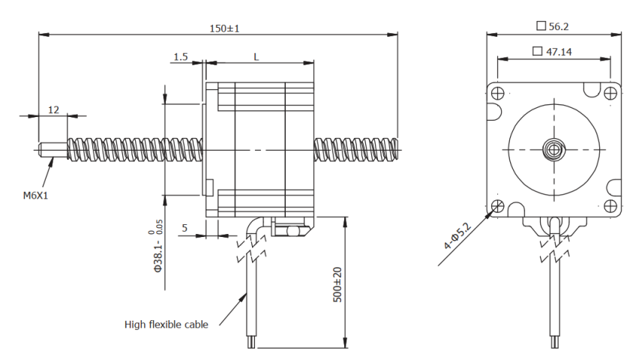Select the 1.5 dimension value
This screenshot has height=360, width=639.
[180, 57]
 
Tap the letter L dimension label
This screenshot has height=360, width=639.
[256, 57]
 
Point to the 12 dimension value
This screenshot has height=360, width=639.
[53, 109]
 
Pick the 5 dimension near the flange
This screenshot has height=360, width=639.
[184, 228]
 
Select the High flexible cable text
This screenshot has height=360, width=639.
[166, 325]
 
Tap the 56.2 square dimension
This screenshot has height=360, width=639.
[553, 26]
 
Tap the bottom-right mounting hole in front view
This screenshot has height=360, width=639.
[610, 205]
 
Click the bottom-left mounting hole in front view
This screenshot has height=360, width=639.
[497, 205]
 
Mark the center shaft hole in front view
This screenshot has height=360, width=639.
[554, 148]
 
